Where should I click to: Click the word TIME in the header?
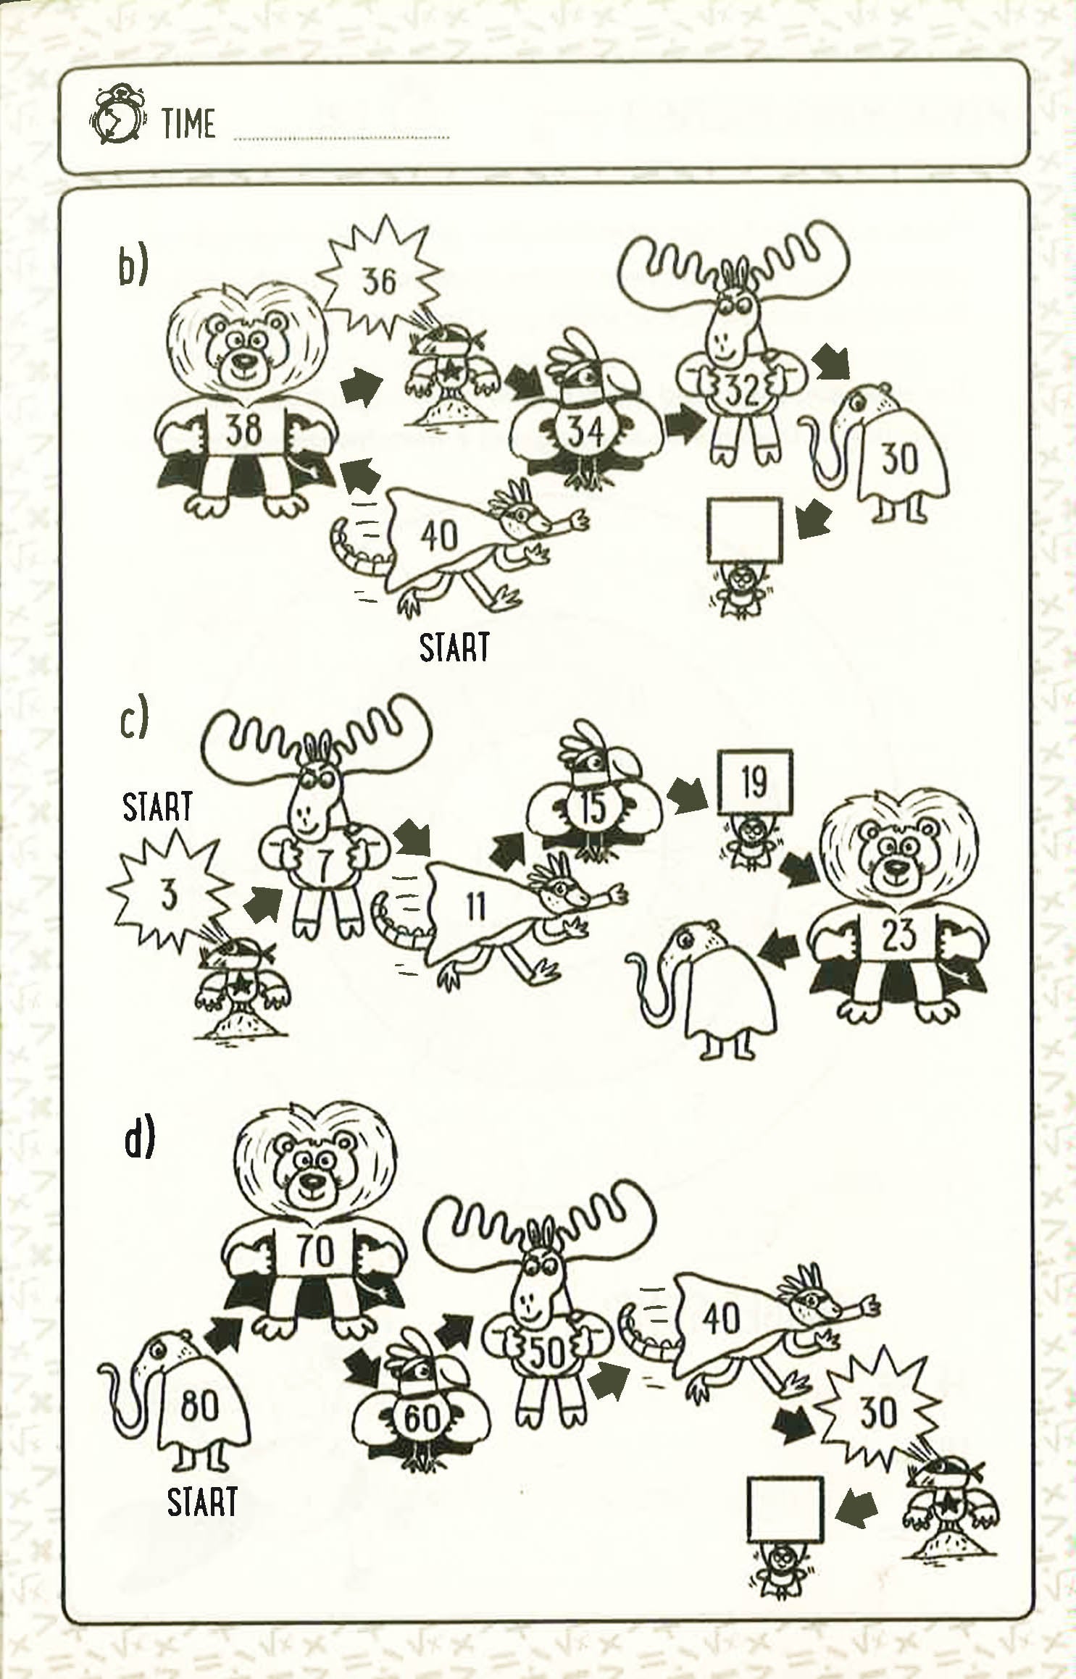189,122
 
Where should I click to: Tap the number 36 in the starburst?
379,280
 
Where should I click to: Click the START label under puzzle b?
454,647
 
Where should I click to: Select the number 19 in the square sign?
754,782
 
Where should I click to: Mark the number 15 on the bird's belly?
593,808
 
